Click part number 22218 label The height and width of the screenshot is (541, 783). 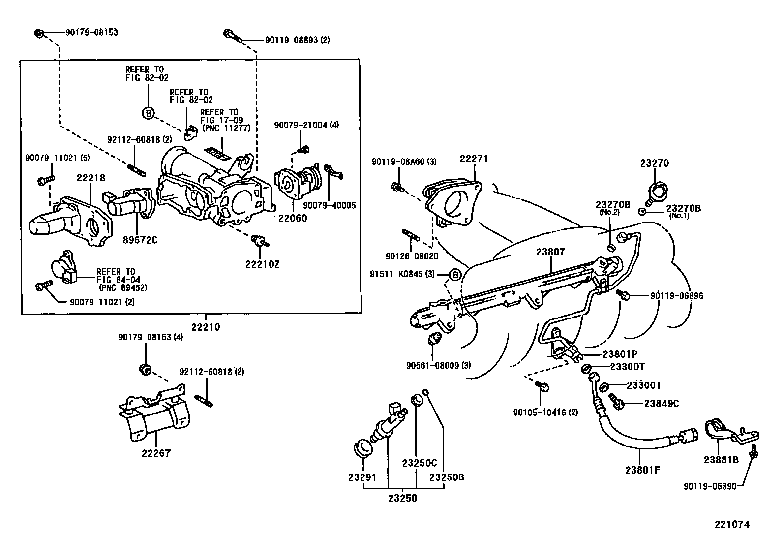[x=91, y=178]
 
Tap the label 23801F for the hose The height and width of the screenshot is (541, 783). [x=642, y=470]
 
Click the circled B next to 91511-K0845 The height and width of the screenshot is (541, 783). [x=455, y=274]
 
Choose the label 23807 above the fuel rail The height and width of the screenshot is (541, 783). [x=550, y=252]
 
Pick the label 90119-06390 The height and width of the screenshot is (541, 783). [x=710, y=486]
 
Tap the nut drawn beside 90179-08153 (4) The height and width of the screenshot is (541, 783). [x=145, y=369]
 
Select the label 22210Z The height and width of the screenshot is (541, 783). [x=262, y=264]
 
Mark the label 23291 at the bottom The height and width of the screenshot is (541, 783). [x=362, y=477]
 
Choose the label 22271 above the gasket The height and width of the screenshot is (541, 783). [x=474, y=159]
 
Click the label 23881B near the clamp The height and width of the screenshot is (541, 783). [x=721, y=460]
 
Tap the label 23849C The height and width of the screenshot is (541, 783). [x=662, y=404]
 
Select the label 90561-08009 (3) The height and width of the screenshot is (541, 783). [x=439, y=366]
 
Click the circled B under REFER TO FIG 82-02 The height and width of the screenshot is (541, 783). [x=148, y=113]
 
